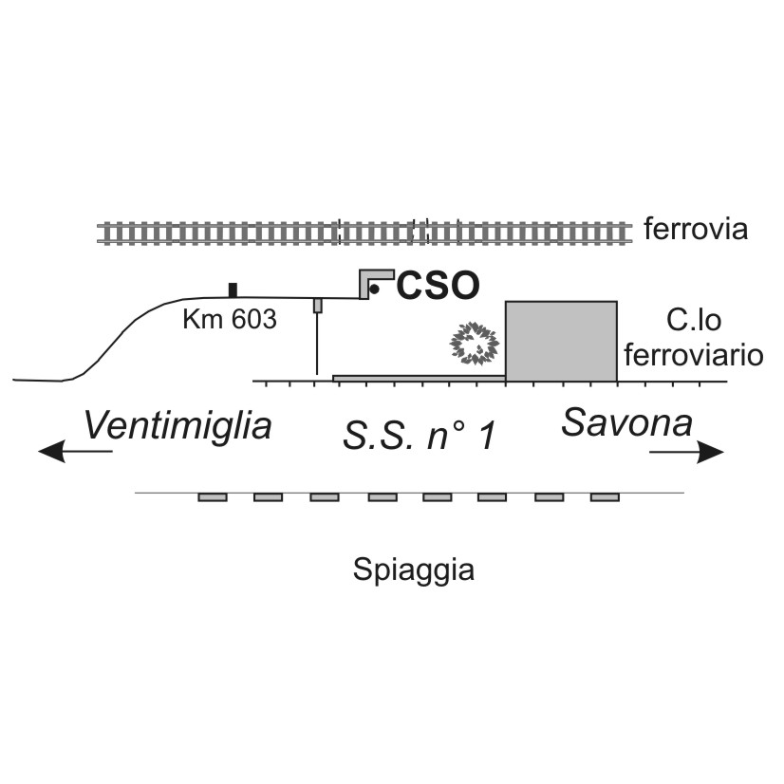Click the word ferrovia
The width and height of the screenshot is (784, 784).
coord(696,230)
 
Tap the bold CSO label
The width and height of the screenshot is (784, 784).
coord(438,285)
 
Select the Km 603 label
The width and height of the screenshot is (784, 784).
coord(230,320)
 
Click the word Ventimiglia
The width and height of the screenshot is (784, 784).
coord(177,425)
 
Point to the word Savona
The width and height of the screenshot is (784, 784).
coord(626,422)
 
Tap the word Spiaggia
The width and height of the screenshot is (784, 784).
coord(413,570)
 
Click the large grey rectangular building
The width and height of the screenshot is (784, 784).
coord(561,341)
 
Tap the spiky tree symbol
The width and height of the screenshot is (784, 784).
coord(474,344)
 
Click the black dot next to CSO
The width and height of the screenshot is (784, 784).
coord(375,289)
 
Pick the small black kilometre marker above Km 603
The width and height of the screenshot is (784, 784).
coord(233,289)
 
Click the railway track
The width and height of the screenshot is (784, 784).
coord(365,232)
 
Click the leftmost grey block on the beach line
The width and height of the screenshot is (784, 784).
coord(213,496)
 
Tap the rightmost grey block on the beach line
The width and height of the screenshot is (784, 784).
coord(605,496)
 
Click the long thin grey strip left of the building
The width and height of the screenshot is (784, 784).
coord(418,379)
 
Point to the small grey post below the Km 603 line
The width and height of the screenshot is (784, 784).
coord(318,305)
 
